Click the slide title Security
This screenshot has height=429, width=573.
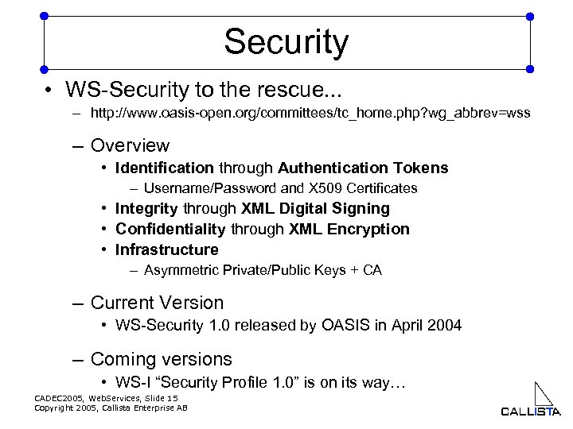pos(286,41)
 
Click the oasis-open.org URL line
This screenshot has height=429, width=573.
pos(310,114)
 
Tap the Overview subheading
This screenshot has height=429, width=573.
pos(130,145)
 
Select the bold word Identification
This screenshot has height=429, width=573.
pos(165,168)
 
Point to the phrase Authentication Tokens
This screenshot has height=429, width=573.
pos(363,168)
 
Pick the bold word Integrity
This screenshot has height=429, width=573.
pos(147,208)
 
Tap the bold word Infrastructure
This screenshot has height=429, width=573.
pos(167,249)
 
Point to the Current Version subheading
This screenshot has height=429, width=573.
pos(158,303)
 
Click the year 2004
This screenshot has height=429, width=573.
pos(443,325)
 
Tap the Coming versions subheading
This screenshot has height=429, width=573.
pos(162,359)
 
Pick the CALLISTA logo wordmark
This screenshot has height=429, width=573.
pos(531,411)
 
